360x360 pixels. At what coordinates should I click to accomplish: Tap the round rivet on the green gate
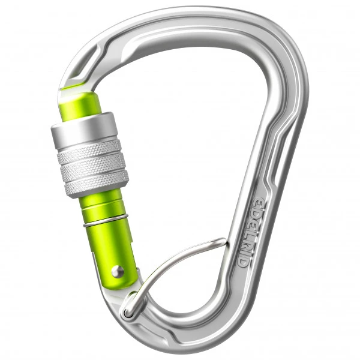pyautogui.click(x=118, y=271)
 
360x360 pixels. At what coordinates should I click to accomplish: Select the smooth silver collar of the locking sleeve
pyautogui.click(x=85, y=129)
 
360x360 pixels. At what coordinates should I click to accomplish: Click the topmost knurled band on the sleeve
pyautogui.click(x=90, y=152)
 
